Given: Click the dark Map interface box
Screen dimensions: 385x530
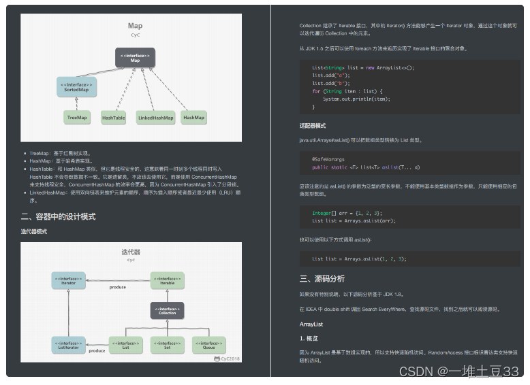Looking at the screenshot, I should point(135,57).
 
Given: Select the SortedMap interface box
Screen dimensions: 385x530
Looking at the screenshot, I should point(76,86).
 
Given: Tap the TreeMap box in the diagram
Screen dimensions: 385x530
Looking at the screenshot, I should point(77,118).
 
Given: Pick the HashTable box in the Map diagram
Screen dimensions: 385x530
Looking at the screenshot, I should point(114,118).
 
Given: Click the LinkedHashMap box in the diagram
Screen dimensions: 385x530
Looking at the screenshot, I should point(155,118).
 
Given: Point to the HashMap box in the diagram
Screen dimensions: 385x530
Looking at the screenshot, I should point(193,118).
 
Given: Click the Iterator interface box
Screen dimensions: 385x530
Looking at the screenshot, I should point(68,280).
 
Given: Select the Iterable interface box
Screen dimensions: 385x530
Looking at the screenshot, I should point(167,280).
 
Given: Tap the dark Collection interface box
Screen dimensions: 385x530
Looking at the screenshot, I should point(167,310).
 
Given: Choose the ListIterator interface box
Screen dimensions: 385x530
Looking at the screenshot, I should point(68,345).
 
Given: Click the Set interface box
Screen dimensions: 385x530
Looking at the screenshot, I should point(167,345).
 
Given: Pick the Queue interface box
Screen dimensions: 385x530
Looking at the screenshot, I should point(208,345).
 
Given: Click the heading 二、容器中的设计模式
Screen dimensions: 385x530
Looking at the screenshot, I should point(58,217).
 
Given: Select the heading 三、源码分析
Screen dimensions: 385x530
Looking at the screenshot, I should point(322,279).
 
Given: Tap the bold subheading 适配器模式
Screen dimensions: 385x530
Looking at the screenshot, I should point(313,126).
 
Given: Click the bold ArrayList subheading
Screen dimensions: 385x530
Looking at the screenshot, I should point(311,324).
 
